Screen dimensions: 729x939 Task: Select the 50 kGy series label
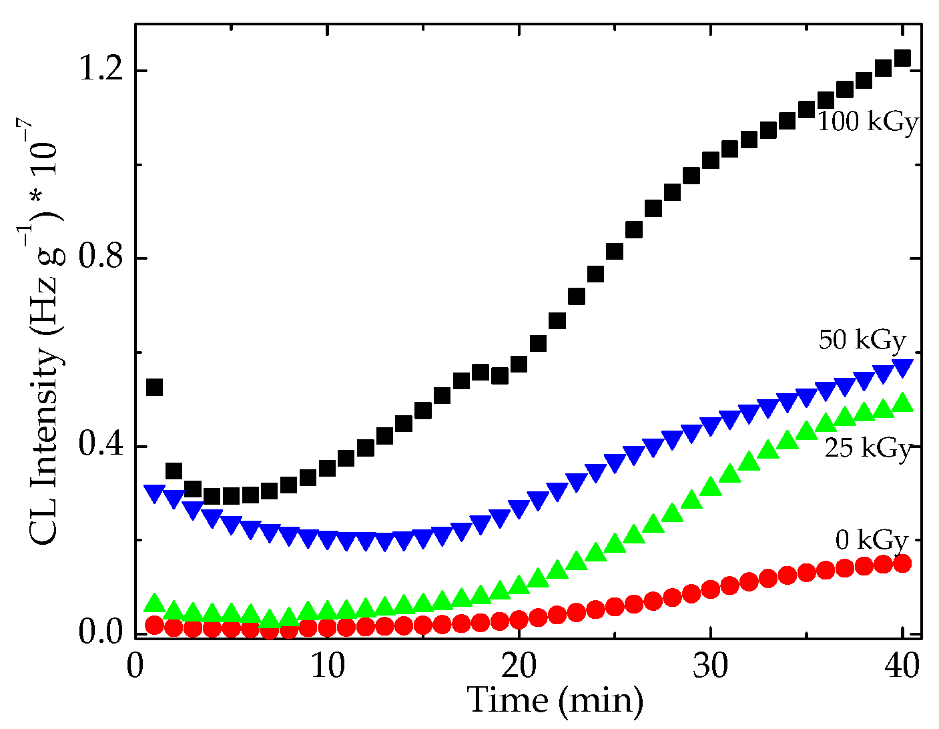(x=862, y=340)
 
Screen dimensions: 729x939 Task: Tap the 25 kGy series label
(x=868, y=449)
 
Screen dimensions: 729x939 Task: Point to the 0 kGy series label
(x=872, y=539)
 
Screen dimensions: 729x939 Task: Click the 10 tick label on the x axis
(x=327, y=668)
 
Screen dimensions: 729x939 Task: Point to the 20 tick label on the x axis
(x=519, y=668)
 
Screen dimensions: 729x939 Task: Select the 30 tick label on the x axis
(x=710, y=668)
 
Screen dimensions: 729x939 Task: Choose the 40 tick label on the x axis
(x=902, y=668)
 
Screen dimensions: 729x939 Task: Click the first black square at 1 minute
(x=155, y=387)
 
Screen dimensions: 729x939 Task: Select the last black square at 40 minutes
(x=902, y=58)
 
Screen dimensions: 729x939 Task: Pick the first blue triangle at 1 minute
(x=155, y=493)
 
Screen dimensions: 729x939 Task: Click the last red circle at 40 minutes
(x=902, y=563)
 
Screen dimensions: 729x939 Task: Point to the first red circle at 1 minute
(x=155, y=626)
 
